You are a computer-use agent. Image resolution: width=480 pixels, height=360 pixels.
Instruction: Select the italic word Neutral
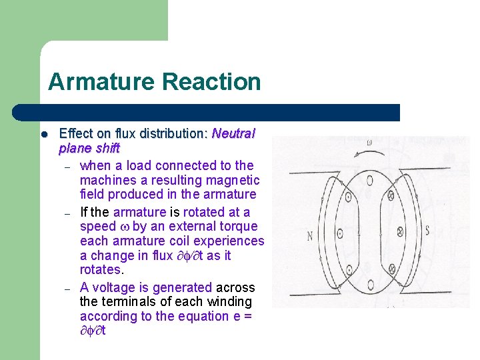pyautogui.click(x=233, y=133)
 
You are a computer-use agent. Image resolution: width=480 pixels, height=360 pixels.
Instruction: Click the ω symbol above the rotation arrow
pyautogui.click(x=369, y=142)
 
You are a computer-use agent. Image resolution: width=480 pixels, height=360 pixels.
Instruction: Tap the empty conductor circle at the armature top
pyautogui.click(x=369, y=180)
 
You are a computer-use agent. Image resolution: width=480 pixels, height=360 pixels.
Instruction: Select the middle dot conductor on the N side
pyautogui.click(x=339, y=233)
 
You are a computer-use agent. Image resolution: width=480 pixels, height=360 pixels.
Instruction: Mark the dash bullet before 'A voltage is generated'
pyautogui.click(x=67, y=288)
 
